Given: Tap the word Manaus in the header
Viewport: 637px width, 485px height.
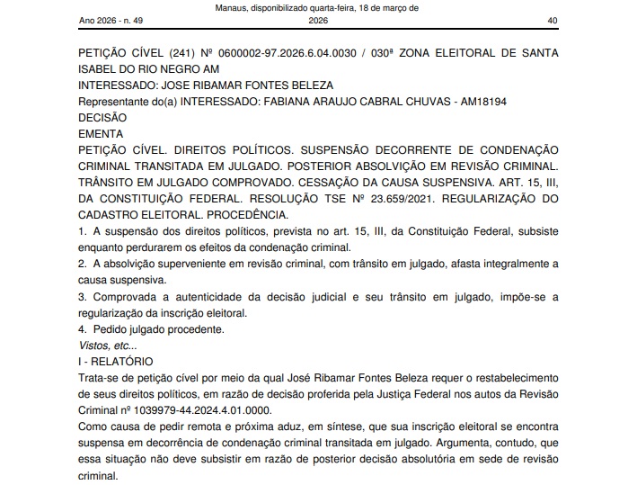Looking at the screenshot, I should (x=234, y=7).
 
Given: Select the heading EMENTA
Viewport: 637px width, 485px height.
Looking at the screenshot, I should (x=101, y=133).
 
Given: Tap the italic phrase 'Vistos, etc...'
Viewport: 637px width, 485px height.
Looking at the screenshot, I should (x=108, y=345).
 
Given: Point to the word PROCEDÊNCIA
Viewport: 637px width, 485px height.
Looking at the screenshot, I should (x=243, y=214).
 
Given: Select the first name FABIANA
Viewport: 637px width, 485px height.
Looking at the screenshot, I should (x=288, y=102).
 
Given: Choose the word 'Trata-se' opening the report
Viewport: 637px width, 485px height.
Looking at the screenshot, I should (x=101, y=376).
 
